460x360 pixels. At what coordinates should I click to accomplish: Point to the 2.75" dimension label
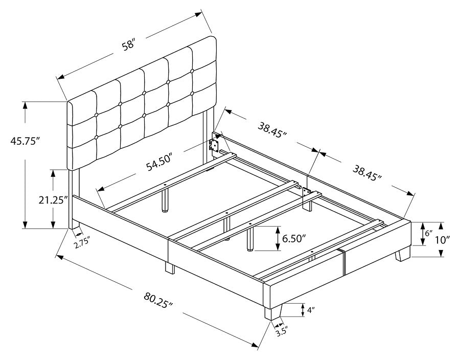(82, 242)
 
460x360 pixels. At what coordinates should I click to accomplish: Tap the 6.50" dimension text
(294, 238)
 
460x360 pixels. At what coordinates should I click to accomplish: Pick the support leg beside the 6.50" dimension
(250, 240)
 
